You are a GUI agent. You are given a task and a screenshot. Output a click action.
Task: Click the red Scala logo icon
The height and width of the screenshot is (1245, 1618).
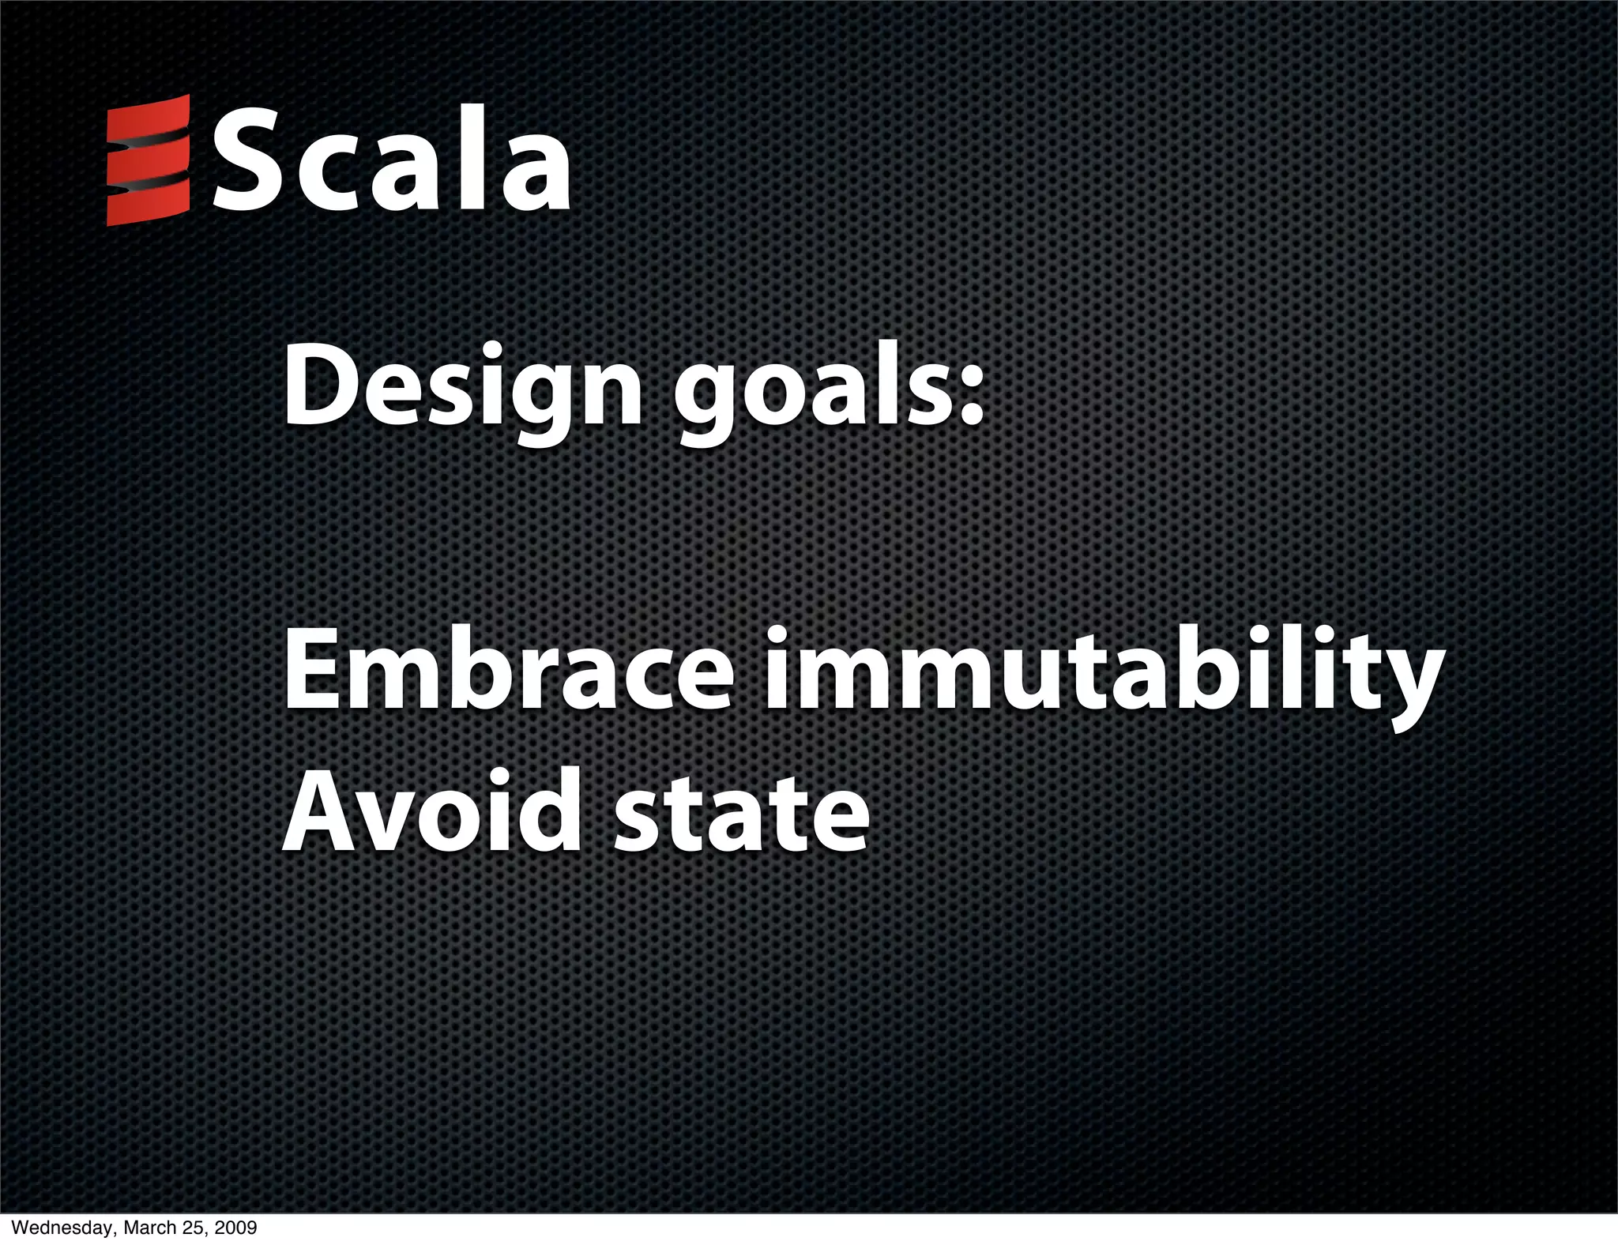click(x=148, y=160)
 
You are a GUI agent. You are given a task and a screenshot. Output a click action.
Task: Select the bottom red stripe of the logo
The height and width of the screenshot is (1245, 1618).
click(x=148, y=205)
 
